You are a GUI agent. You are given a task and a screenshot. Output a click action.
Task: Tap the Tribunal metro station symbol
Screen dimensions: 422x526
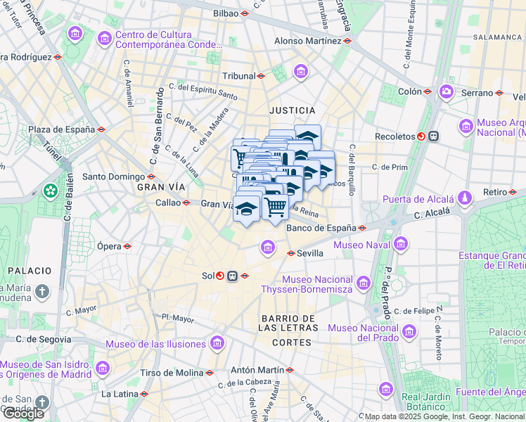261,76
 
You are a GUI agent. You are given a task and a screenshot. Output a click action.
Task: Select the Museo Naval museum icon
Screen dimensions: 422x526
401,245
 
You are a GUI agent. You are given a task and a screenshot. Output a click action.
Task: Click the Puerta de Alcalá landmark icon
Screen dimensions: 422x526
465,199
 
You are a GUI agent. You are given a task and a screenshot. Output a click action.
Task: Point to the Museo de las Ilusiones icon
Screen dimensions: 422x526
217,344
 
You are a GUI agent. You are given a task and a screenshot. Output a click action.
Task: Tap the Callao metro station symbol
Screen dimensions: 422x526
186,203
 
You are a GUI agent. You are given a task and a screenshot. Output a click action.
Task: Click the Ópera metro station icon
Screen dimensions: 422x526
127,246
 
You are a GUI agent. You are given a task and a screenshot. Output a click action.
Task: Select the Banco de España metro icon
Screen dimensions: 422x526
362,228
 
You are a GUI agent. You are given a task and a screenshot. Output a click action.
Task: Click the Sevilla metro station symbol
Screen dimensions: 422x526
290,253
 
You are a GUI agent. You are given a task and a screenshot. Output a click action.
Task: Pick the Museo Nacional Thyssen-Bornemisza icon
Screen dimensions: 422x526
364,283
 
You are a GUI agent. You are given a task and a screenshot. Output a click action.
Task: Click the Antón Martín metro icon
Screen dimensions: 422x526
290,370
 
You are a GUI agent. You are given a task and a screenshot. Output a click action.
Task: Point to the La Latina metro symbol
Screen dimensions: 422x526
143,394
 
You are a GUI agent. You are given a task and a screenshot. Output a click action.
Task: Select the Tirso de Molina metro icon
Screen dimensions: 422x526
210,373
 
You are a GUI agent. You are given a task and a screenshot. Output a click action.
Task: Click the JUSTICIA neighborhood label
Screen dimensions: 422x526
293,110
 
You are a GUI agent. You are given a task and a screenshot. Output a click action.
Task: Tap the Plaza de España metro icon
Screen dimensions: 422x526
102,129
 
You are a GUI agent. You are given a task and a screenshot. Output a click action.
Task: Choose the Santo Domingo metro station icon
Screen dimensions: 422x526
151,177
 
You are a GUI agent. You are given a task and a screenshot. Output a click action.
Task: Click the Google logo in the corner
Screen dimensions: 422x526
23,414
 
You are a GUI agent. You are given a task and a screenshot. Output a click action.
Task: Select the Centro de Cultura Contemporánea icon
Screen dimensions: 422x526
105,37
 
